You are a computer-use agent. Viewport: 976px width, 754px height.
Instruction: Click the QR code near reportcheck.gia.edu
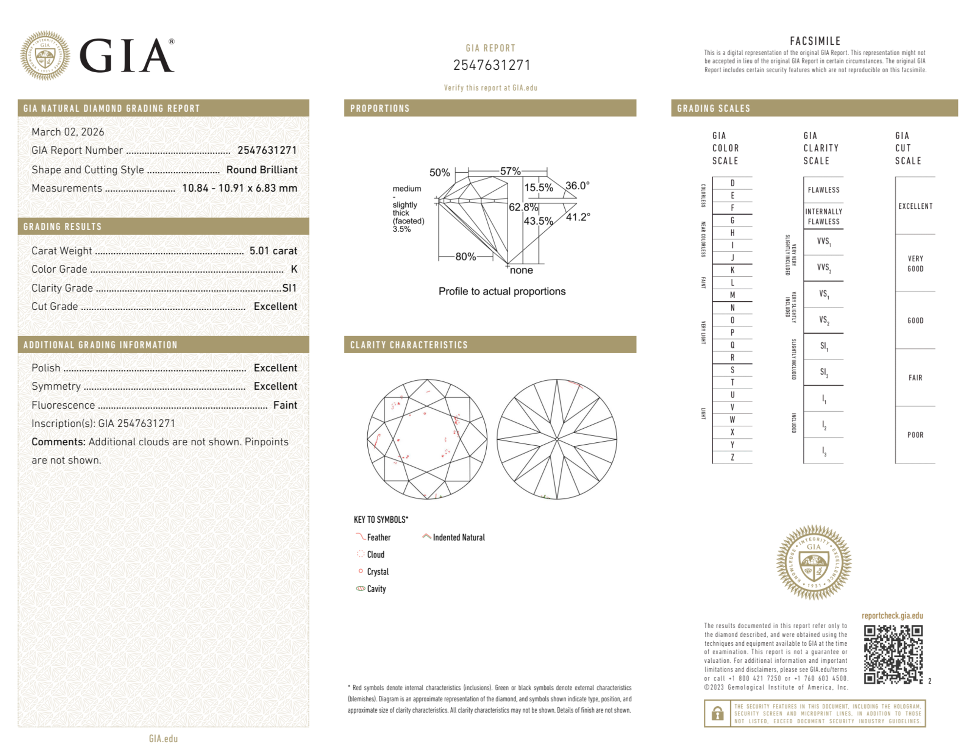point(893,654)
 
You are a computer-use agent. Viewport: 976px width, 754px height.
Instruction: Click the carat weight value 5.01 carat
point(273,251)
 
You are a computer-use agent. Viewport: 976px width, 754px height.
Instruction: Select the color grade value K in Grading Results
point(294,269)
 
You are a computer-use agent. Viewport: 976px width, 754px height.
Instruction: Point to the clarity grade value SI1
point(289,288)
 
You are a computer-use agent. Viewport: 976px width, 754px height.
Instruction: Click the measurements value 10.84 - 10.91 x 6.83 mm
point(239,188)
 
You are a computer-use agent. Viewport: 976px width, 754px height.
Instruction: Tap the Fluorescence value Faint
point(285,405)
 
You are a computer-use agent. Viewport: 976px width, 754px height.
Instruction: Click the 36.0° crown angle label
point(578,186)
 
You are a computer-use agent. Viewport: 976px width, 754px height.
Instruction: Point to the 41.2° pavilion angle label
point(578,217)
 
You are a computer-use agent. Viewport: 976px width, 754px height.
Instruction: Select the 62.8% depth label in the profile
point(523,207)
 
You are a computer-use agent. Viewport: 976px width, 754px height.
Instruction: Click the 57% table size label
point(510,171)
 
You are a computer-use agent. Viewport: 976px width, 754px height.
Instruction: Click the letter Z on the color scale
point(732,457)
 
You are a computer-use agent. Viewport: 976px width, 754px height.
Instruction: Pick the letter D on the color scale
point(732,183)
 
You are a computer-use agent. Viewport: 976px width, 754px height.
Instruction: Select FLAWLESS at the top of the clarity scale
point(823,190)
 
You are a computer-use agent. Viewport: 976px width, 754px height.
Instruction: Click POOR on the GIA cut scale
point(915,435)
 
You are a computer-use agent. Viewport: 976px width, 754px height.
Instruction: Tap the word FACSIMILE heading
point(815,41)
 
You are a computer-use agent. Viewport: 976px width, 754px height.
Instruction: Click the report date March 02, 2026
point(68,132)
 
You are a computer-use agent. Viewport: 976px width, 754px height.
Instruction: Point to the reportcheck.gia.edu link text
point(892,615)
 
